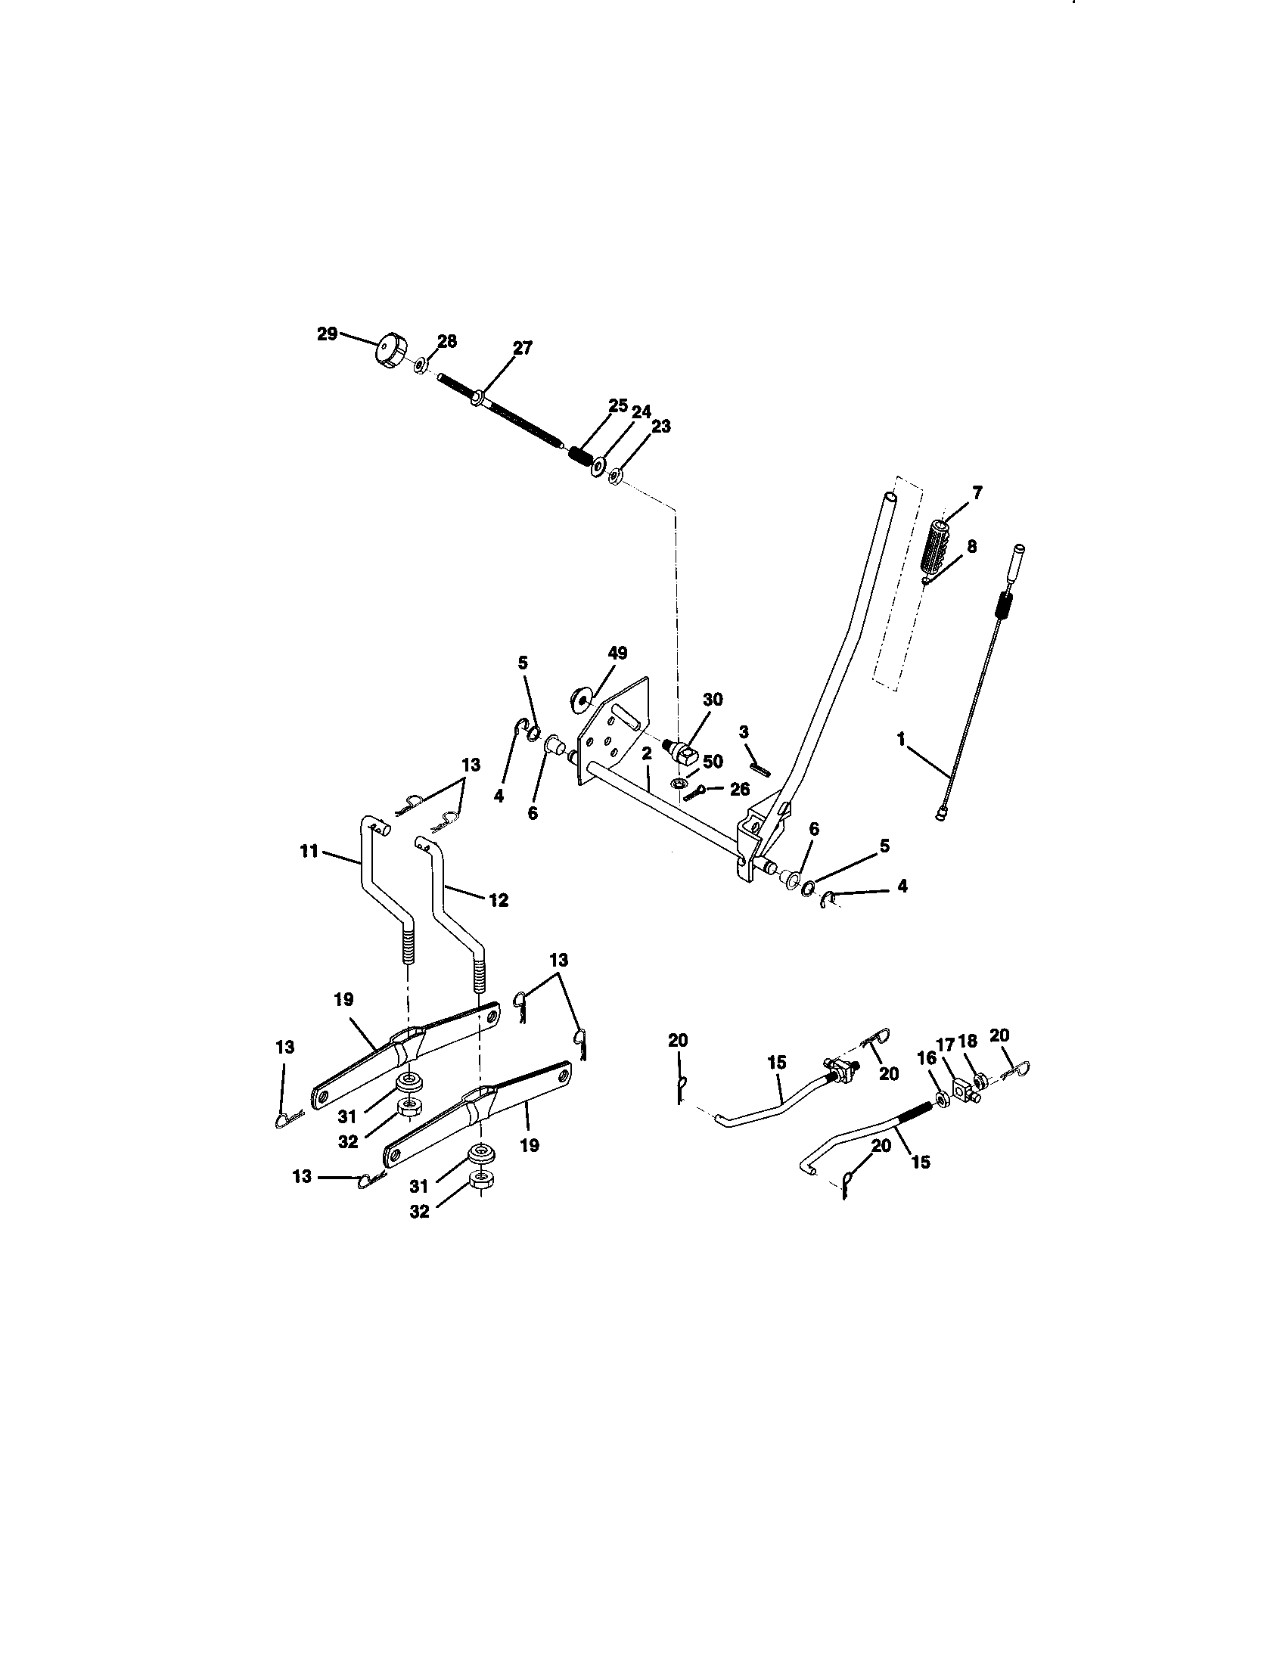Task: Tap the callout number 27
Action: (x=522, y=347)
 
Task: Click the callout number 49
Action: (x=617, y=652)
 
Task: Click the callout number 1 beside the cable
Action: (x=900, y=739)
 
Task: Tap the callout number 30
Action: (x=713, y=699)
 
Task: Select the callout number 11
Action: (x=309, y=851)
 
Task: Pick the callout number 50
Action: (x=713, y=761)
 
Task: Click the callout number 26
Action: (x=739, y=790)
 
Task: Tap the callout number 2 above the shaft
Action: (x=646, y=754)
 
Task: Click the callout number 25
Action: (x=618, y=405)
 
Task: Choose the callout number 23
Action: (x=661, y=427)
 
